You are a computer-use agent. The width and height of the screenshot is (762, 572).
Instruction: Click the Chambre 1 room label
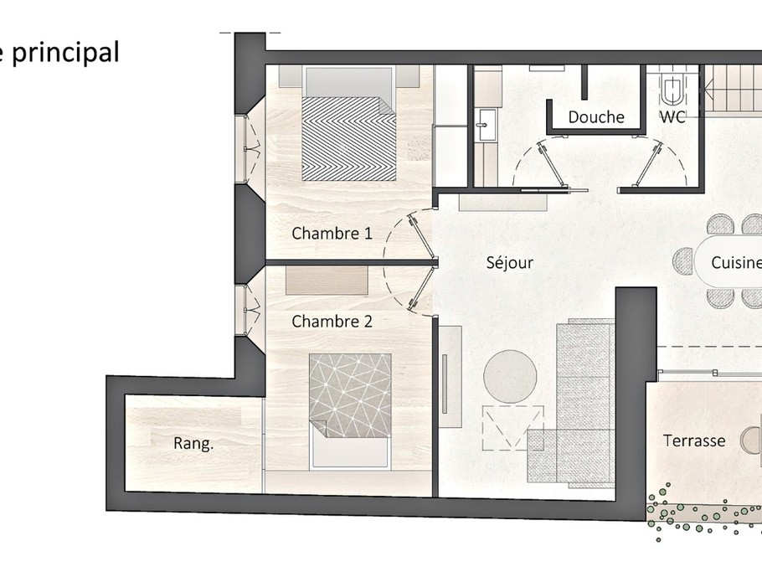pos(332,234)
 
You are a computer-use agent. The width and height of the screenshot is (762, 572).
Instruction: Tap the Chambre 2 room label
pos(332,322)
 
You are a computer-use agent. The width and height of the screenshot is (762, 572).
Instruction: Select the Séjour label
pos(510,263)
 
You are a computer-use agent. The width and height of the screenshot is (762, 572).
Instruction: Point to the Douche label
pos(596,117)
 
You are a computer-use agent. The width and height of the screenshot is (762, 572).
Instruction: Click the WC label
pos(672,116)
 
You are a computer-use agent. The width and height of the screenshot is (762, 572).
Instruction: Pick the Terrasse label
pos(694,441)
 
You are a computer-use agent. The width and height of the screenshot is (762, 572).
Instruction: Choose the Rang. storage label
pos(193,444)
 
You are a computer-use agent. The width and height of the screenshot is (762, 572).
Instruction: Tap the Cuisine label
pos(736,262)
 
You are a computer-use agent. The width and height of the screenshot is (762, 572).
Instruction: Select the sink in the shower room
pos(486,125)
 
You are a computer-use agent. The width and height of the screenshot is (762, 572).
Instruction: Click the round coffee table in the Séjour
pos(510,376)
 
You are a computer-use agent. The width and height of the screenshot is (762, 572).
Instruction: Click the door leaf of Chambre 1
pos(422,237)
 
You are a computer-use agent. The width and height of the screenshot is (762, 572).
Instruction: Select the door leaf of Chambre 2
pos(422,288)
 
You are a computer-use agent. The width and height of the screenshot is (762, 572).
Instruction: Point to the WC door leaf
pos(648,163)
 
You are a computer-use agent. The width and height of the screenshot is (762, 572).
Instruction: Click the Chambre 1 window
pos(249,149)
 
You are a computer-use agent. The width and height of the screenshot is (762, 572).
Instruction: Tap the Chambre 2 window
pos(249,309)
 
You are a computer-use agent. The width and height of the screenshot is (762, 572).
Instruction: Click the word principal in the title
pos(65,53)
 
